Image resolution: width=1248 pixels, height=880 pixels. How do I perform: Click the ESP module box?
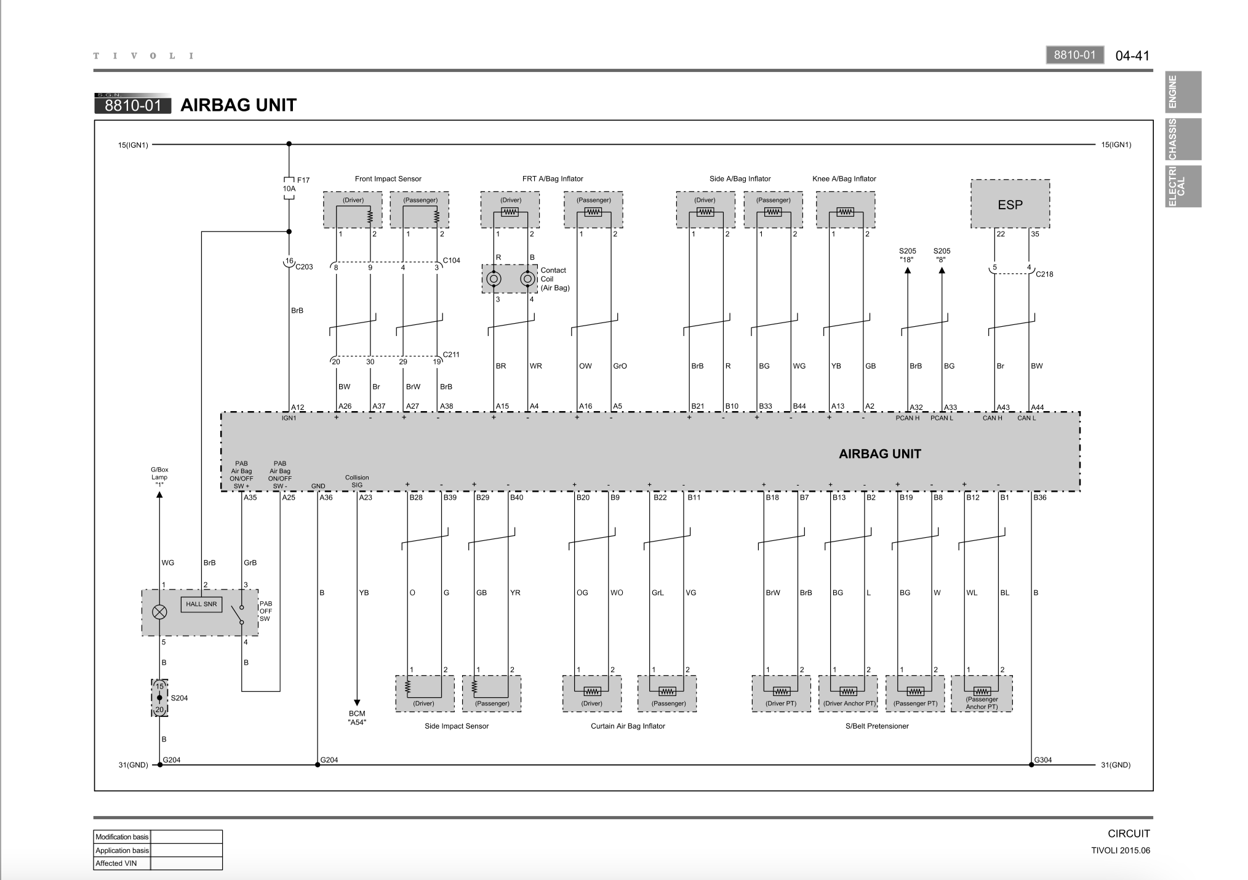1010,204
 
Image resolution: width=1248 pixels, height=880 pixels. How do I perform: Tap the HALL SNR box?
201,604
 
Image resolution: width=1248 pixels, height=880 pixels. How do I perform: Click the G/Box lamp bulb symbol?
159,612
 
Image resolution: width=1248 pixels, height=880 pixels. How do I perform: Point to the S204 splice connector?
159,698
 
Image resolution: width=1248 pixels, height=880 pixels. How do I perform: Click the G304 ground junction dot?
1031,765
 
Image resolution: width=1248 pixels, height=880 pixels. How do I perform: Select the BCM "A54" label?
357,718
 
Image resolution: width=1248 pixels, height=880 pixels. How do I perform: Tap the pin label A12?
298,407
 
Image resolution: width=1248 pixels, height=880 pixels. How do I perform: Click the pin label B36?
1039,497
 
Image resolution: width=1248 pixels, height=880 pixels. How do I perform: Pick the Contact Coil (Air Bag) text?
554,279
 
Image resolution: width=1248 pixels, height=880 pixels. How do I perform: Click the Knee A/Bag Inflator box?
846,209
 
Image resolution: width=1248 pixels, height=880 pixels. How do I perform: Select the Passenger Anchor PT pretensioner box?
982,694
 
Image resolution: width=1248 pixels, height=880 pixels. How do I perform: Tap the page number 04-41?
1132,55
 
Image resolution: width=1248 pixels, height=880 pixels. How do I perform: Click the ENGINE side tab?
1183,92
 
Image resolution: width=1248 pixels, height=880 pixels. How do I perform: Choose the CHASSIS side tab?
1183,139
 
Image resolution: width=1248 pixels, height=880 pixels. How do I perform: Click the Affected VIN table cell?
122,863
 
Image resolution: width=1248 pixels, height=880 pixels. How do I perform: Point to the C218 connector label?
1044,274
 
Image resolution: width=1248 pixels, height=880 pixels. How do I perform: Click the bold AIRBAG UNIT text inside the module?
880,454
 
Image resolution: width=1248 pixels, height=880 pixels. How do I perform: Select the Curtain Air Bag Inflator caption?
628,726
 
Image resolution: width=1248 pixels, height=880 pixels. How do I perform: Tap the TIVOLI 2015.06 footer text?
1121,850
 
